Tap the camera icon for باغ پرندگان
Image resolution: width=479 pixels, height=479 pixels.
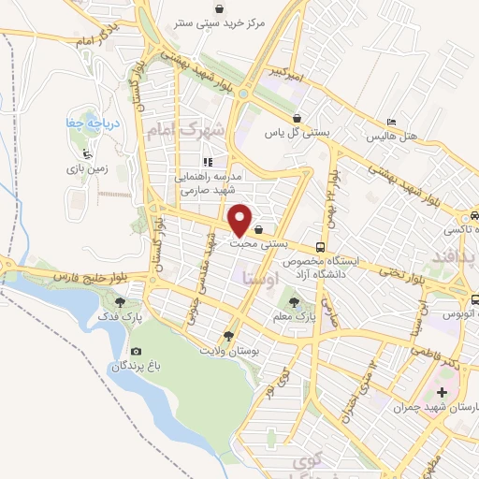tap(136, 352)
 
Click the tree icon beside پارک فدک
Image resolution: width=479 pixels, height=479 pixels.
tap(120, 301)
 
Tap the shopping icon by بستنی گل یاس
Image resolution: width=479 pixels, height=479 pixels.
tap(297, 119)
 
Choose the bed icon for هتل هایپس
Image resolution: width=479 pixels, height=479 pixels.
tap(391, 123)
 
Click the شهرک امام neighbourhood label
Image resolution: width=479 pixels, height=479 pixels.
tap(187, 130)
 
